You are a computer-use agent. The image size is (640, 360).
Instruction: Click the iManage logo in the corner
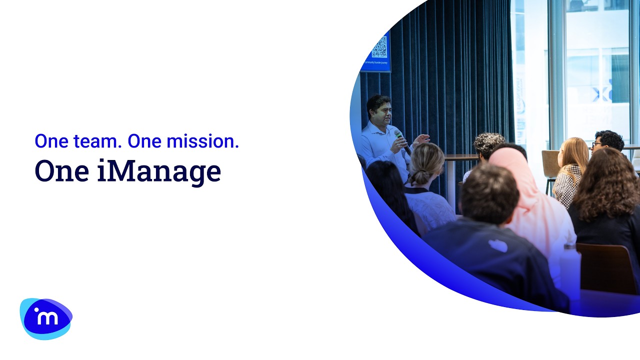46,318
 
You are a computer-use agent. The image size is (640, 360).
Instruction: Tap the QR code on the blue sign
379,46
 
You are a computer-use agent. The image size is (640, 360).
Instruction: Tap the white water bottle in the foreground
570,270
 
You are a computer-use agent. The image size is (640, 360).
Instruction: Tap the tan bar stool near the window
549,165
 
